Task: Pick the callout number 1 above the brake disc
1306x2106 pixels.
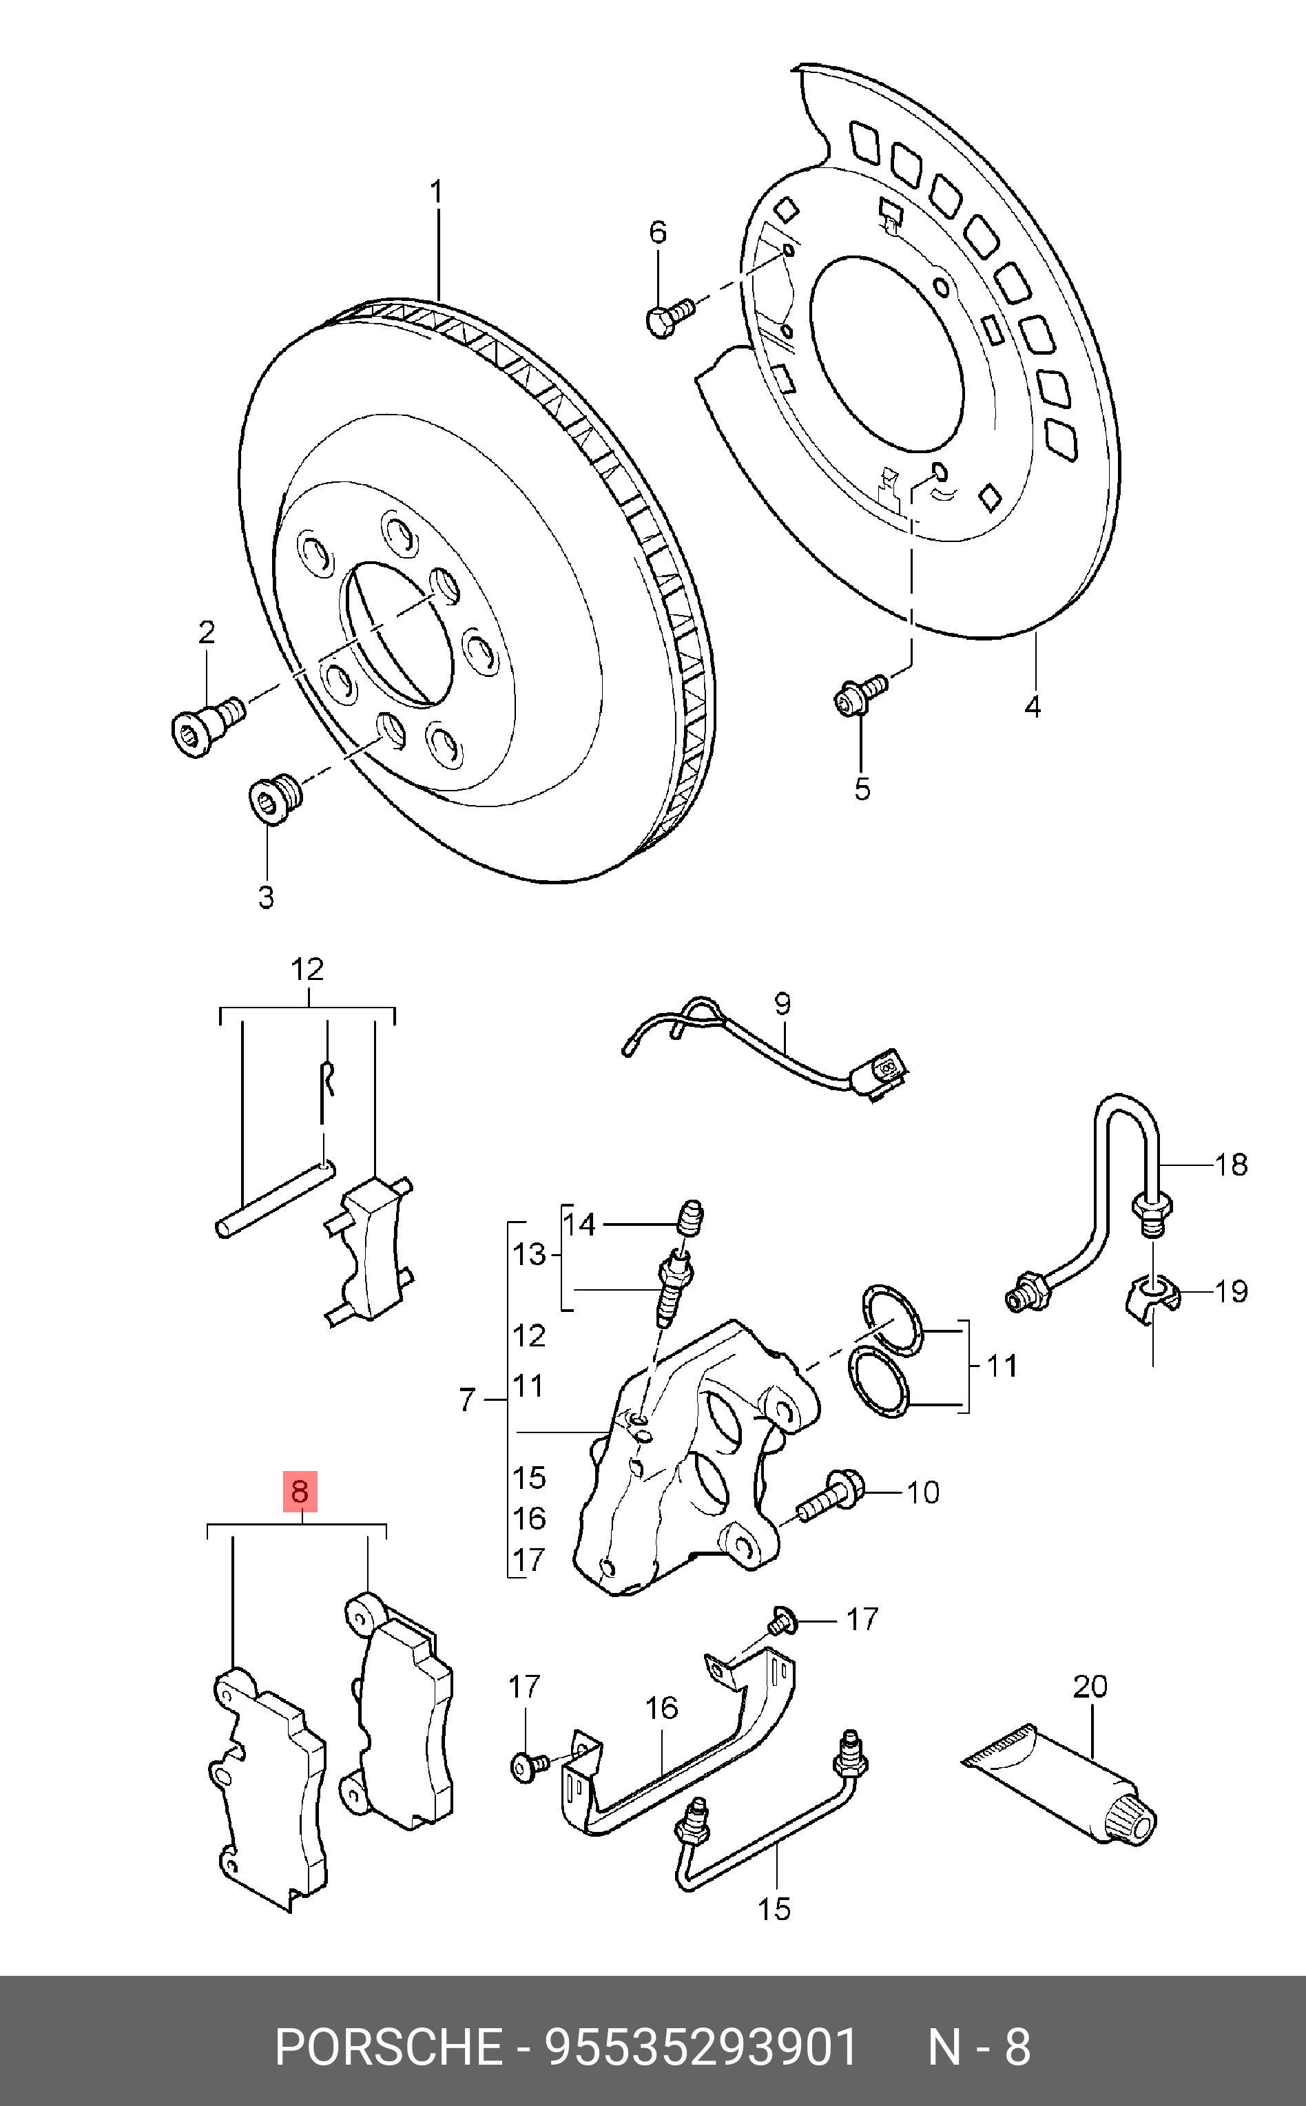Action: [x=437, y=191]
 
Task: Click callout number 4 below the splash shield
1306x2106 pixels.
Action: [x=1033, y=705]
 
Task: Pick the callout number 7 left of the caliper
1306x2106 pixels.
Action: [x=467, y=1399]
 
